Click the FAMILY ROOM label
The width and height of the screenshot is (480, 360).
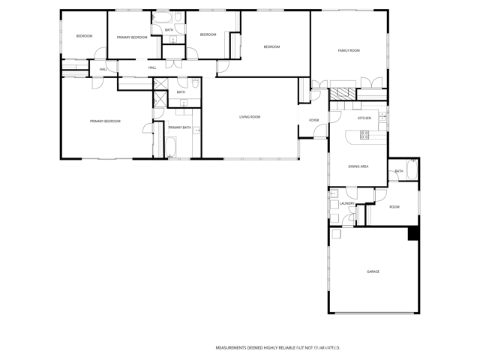(x=349, y=50)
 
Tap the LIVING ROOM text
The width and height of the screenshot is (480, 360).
(x=250, y=117)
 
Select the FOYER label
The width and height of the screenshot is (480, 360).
(x=313, y=120)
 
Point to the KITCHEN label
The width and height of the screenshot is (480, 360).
(x=364, y=118)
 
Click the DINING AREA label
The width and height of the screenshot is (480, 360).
(x=358, y=166)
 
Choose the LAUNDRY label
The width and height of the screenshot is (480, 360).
(x=346, y=203)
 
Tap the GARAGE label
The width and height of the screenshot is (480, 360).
(x=373, y=271)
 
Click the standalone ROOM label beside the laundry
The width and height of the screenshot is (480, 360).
(x=394, y=206)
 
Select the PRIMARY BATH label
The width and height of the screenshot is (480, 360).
(x=179, y=128)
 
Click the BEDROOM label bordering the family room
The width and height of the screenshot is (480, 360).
(x=271, y=47)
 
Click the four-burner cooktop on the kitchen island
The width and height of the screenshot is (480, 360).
(x=364, y=135)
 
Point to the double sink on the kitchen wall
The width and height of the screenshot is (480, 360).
(x=382, y=116)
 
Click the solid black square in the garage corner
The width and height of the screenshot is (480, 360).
(x=412, y=234)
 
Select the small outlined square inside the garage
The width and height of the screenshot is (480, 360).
(x=336, y=234)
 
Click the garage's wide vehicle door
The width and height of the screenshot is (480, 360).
(x=373, y=313)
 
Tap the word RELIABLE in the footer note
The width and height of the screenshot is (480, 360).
(x=289, y=348)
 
